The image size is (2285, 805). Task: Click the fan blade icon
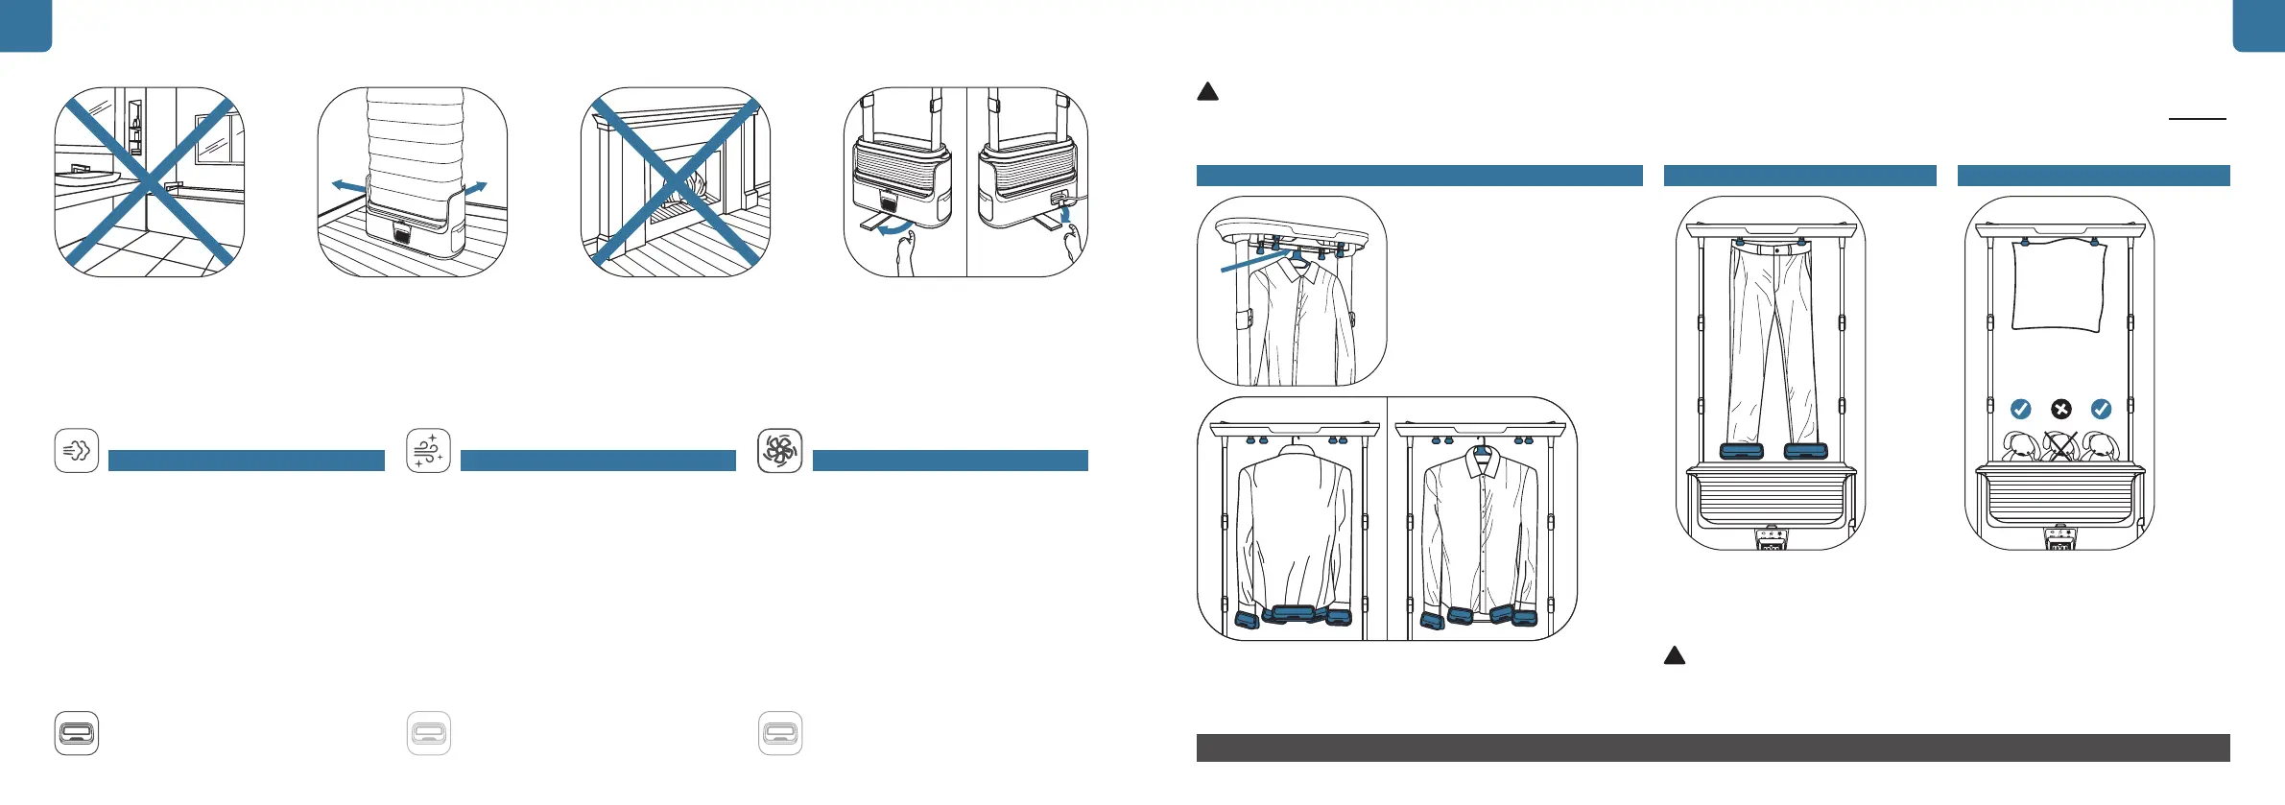click(779, 451)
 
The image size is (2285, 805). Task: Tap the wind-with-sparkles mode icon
click(428, 451)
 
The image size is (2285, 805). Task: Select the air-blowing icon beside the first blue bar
click(77, 451)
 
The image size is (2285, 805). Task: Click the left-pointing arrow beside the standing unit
click(347, 185)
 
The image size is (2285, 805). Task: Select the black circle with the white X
click(2060, 410)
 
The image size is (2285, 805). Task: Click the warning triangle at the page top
click(1208, 92)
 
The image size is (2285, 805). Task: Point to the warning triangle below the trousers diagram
click(1675, 656)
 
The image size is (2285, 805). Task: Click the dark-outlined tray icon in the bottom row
click(77, 734)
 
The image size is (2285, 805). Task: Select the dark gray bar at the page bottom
click(1713, 748)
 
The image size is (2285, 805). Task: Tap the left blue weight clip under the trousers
click(1741, 451)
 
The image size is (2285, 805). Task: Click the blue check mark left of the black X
click(2020, 410)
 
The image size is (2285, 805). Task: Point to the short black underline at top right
click(2197, 119)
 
